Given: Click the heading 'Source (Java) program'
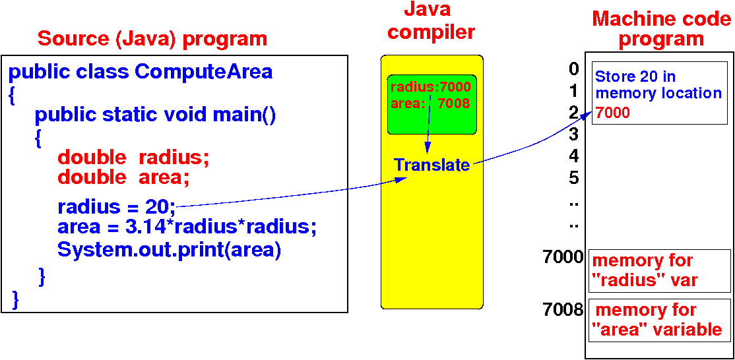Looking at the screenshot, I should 152,38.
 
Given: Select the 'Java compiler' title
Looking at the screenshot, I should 431,20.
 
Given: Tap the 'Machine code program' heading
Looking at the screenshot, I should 661,28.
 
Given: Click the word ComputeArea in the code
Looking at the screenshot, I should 203,71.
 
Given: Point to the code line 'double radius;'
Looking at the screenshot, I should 133,157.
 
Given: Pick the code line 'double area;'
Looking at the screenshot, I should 123,177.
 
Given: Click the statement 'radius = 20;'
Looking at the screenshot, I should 116,207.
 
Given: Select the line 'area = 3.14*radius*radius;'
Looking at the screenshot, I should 187,227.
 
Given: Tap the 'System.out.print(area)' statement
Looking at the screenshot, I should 169,251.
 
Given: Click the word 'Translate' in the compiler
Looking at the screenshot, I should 431,165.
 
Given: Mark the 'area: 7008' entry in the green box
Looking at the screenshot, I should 430,103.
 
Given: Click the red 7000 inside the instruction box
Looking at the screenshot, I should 612,113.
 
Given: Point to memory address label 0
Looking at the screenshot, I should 573,69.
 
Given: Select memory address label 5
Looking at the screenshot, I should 573,177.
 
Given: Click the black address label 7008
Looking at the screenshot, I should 563,309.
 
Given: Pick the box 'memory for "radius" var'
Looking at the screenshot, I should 659,270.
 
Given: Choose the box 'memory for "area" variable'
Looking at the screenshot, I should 659,319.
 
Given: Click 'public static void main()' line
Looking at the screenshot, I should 155,115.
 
